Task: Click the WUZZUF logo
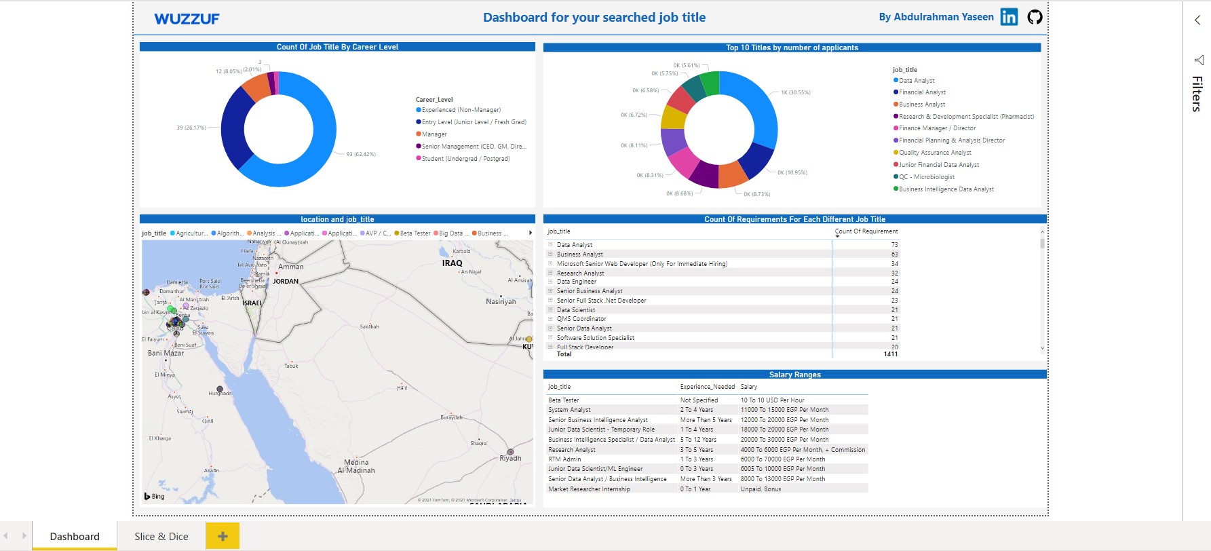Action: coord(187,19)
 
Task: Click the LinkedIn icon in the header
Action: coord(1009,17)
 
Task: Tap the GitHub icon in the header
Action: coord(1035,17)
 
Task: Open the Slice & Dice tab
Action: coord(161,536)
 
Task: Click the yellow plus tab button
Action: coord(223,536)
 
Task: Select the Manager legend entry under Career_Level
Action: coord(434,134)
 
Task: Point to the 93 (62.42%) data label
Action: coord(361,155)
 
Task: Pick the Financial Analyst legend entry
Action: coord(922,92)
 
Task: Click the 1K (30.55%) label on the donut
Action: coord(795,92)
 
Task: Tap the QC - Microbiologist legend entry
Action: coord(926,177)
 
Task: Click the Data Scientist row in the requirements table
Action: coord(576,310)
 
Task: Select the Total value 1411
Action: coord(890,354)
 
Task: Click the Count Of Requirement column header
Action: coord(866,231)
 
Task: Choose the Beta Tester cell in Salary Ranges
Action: coord(564,400)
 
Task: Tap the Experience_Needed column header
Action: coord(707,387)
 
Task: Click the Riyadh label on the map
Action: coord(510,459)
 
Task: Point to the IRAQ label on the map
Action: coord(452,263)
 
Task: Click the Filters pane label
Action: coord(1197,94)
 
